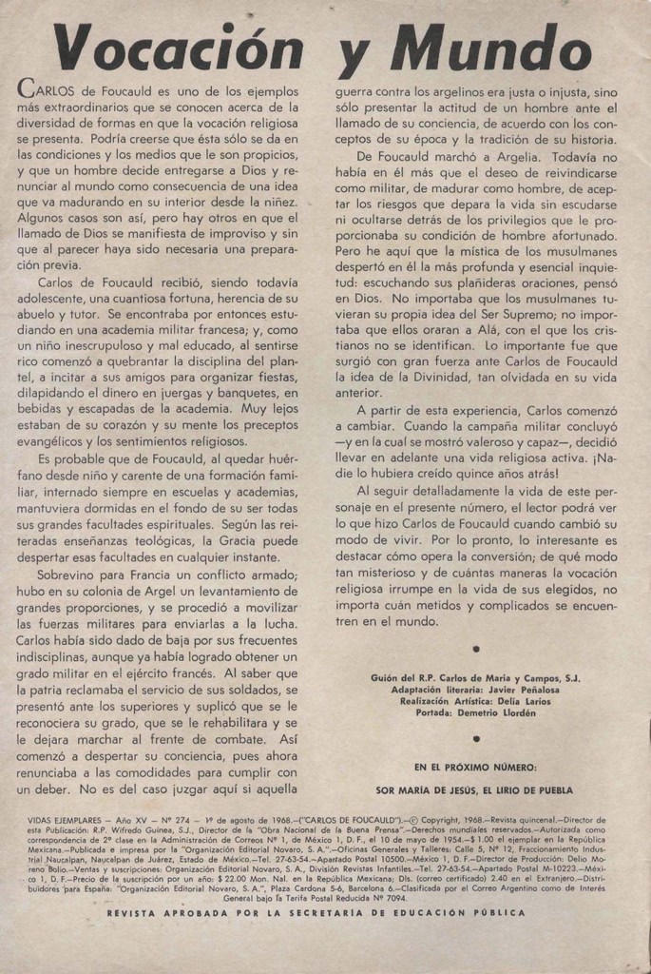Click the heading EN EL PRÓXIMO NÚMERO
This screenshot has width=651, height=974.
(475, 766)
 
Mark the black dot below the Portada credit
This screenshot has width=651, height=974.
(476, 737)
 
